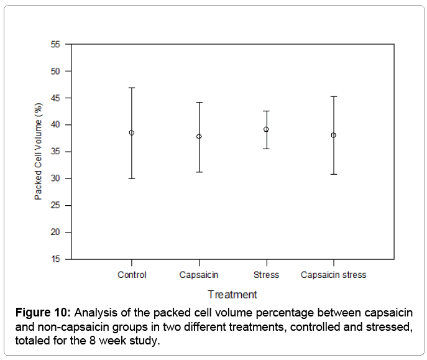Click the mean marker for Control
[132, 132]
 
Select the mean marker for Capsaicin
[199, 136]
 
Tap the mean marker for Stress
[266, 129]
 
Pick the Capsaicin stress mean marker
[334, 135]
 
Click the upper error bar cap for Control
[132, 88]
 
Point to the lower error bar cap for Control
[132, 178]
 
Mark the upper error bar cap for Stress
[266, 111]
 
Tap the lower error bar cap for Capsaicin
[199, 172]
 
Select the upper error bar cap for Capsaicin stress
[334, 96]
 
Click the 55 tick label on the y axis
[56, 44]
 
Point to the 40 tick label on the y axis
[56, 125]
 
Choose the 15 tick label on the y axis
[56, 259]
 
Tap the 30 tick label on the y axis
[56, 178]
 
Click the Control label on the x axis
[132, 275]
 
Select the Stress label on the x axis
[266, 275]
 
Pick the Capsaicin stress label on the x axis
[334, 275]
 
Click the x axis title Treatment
[232, 294]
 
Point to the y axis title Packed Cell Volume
[38, 152]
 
